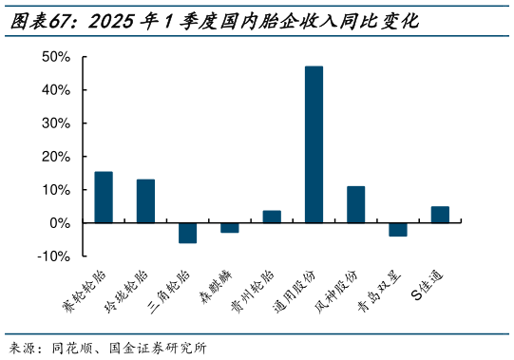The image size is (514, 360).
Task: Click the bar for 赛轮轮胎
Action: coord(104,197)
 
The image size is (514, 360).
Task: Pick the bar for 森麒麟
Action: coord(230,227)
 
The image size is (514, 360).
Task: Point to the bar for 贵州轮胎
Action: coord(272,217)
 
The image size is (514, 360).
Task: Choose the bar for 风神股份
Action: coord(355,204)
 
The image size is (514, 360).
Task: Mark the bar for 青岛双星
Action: coord(398,229)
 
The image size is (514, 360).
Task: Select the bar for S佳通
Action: coord(440,215)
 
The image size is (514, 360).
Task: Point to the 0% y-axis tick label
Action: coord(61,223)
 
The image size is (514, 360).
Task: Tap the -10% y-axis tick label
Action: coord(55,256)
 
